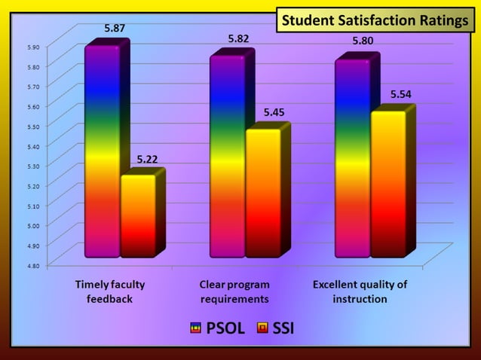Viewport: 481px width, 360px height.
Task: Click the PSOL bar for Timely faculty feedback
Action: pyautogui.click(x=102, y=151)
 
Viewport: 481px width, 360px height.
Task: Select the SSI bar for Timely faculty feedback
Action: pyautogui.click(x=137, y=215)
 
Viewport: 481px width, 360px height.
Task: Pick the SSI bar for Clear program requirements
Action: pyautogui.click(x=262, y=193)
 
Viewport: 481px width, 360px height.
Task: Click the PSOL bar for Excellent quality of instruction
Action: pyautogui.click(x=352, y=158)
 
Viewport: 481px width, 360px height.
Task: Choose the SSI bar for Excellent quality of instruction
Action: pyautogui.click(x=388, y=184)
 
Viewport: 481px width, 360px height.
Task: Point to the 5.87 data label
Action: pyautogui.click(x=115, y=28)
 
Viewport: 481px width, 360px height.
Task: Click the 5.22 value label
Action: pyautogui.click(x=147, y=159)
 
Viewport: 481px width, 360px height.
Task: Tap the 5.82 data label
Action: pyautogui.click(x=239, y=38)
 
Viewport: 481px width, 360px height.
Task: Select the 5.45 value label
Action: pyautogui.click(x=274, y=112)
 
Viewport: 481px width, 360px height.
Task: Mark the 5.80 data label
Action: pyautogui.click(x=365, y=41)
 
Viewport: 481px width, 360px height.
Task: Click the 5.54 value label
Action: pyautogui.click(x=400, y=94)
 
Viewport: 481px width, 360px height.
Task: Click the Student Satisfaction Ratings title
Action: pyautogui.click(x=375, y=20)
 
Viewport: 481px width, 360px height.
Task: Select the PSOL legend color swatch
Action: pyautogui.click(x=195, y=328)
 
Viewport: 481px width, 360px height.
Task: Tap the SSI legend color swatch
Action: pyautogui.click(x=262, y=328)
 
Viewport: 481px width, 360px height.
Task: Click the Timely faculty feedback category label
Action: pyautogui.click(x=110, y=291)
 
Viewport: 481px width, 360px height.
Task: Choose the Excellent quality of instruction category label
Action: pyautogui.click(x=360, y=291)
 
